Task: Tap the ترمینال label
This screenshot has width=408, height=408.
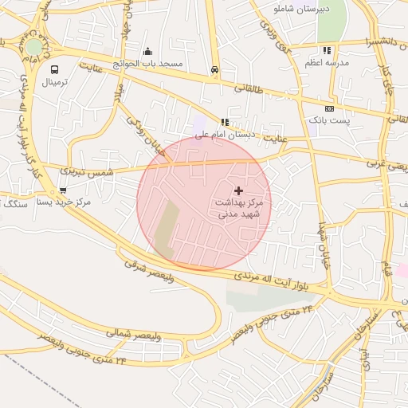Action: tap(55, 82)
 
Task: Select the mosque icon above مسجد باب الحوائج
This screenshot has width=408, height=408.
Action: tap(147, 51)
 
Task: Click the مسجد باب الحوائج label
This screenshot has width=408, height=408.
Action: tap(147, 63)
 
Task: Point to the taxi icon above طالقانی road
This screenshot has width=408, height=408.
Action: tap(214, 69)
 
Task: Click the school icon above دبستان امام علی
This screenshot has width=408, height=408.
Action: tap(225, 123)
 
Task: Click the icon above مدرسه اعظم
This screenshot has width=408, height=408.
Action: tap(327, 50)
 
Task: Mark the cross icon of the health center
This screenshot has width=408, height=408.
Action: tap(238, 190)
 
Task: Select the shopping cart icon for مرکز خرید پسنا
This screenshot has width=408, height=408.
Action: tap(62, 190)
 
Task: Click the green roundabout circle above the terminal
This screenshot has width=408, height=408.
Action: tap(33, 47)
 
